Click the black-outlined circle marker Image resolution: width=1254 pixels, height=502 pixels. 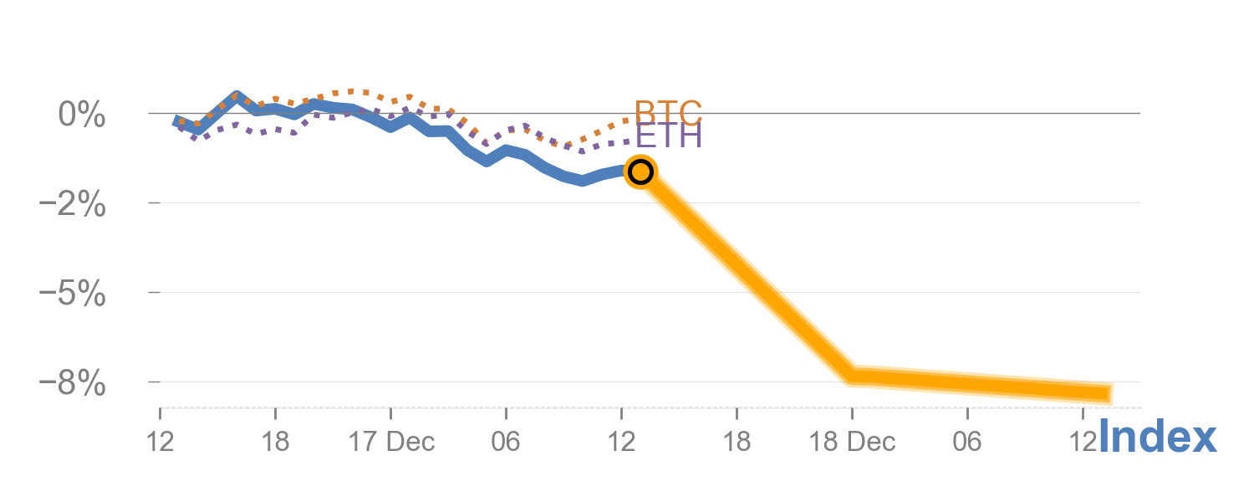click(640, 172)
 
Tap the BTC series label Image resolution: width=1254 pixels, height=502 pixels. click(668, 112)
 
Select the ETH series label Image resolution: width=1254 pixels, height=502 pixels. click(668, 136)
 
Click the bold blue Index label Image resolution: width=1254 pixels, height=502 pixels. click(1157, 438)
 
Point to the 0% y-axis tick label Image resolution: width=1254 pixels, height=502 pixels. click(82, 114)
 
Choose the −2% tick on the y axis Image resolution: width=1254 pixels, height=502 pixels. click(74, 203)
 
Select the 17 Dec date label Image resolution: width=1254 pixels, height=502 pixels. click(391, 442)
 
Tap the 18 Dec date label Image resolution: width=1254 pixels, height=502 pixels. click(852, 442)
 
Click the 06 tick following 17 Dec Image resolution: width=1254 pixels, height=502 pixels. click(506, 442)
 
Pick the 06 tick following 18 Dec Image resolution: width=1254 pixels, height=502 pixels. click(967, 442)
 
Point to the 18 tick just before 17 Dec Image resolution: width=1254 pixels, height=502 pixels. click(275, 442)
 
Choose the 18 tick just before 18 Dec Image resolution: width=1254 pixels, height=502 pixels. click(737, 442)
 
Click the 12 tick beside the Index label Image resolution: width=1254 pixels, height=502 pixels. click(1081, 442)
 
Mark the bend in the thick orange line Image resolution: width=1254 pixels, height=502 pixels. click(852, 376)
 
